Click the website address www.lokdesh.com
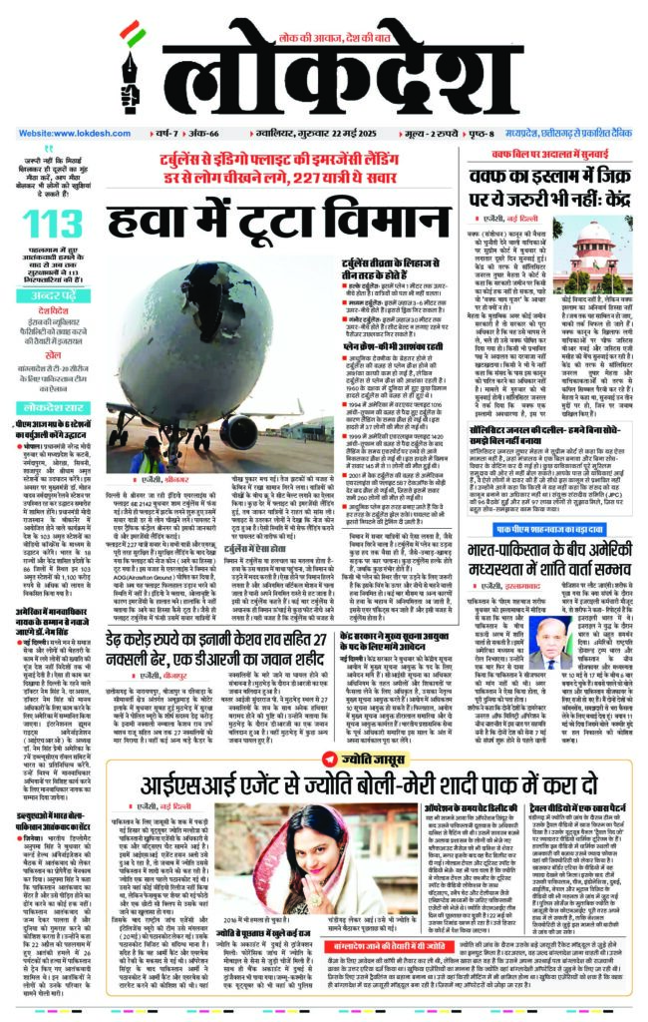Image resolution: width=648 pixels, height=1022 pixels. click(66, 132)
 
